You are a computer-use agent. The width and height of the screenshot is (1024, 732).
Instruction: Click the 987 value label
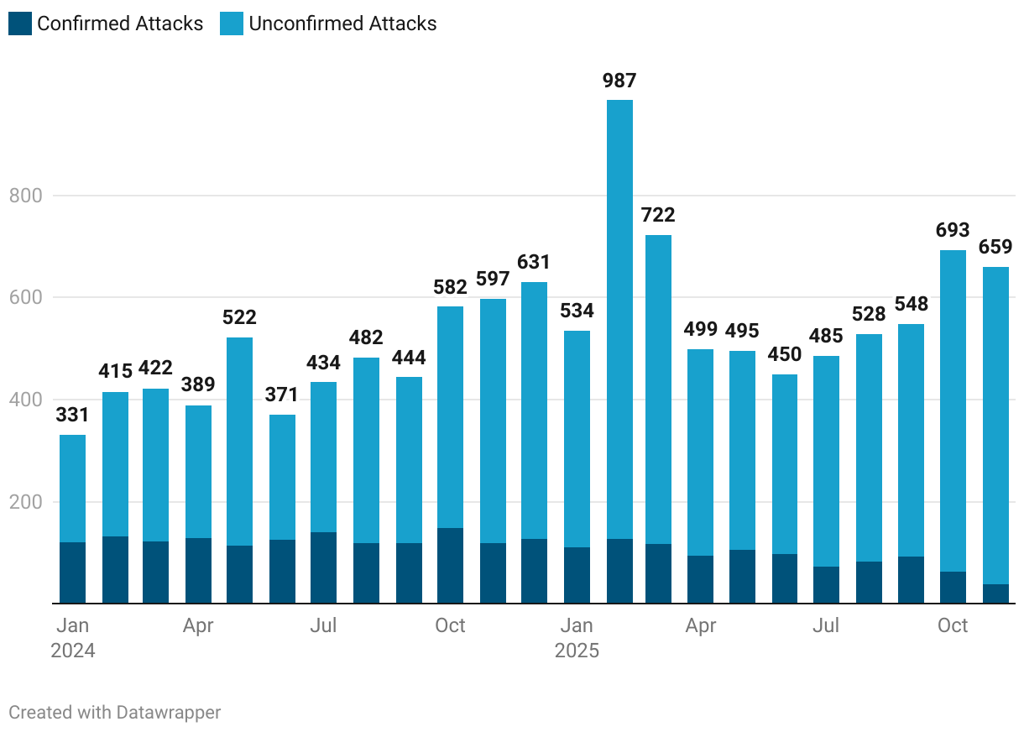point(619,81)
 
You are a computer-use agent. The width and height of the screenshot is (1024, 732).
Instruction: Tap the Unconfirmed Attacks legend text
point(342,24)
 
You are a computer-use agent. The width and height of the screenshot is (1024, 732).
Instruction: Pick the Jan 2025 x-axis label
point(577,638)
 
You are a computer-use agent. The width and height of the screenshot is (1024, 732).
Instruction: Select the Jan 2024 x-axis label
point(73,638)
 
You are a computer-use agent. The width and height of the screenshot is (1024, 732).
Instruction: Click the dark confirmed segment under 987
point(619,571)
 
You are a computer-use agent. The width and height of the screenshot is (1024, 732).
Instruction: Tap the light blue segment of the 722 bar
point(658,386)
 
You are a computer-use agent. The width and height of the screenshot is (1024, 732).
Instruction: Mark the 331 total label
point(73,415)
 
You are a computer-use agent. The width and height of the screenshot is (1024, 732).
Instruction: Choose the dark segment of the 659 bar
point(995,593)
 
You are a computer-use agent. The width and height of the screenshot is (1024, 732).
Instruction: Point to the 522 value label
point(239,317)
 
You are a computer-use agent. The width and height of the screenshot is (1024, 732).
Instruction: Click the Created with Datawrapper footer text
point(115,713)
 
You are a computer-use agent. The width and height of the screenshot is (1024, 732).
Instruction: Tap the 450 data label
point(785,354)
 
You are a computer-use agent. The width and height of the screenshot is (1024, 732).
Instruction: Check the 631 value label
point(534,262)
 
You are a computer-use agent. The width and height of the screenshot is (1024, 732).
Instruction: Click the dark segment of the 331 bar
point(73,573)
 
